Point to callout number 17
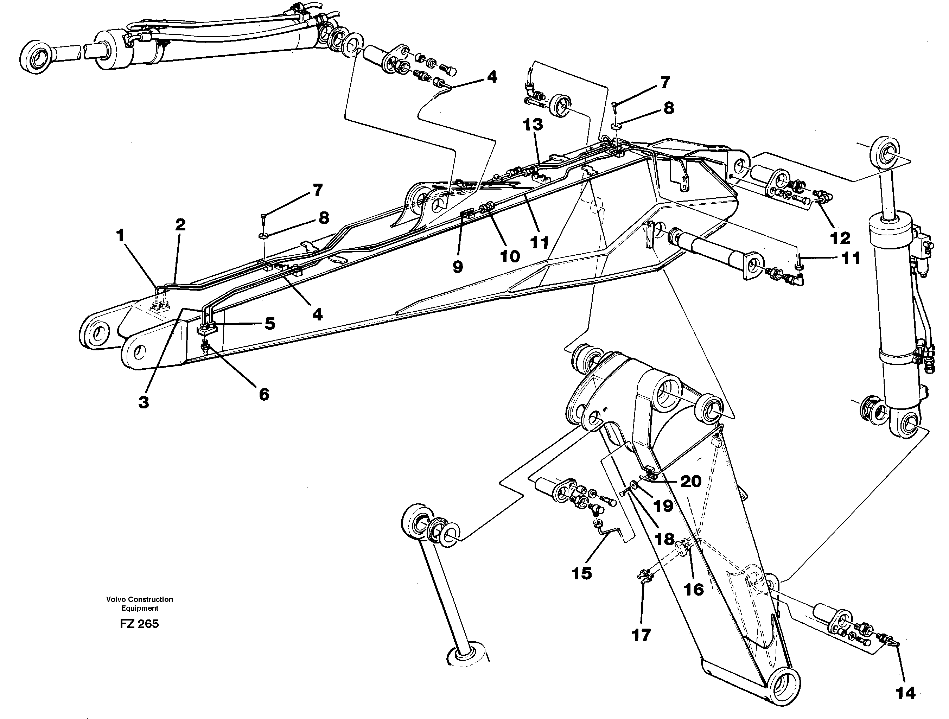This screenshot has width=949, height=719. [641, 635]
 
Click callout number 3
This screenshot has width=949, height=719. [144, 402]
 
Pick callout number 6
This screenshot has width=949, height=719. [264, 394]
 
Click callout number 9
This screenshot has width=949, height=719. [458, 267]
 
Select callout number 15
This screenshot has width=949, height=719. [582, 573]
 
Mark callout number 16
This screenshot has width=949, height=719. [693, 590]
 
